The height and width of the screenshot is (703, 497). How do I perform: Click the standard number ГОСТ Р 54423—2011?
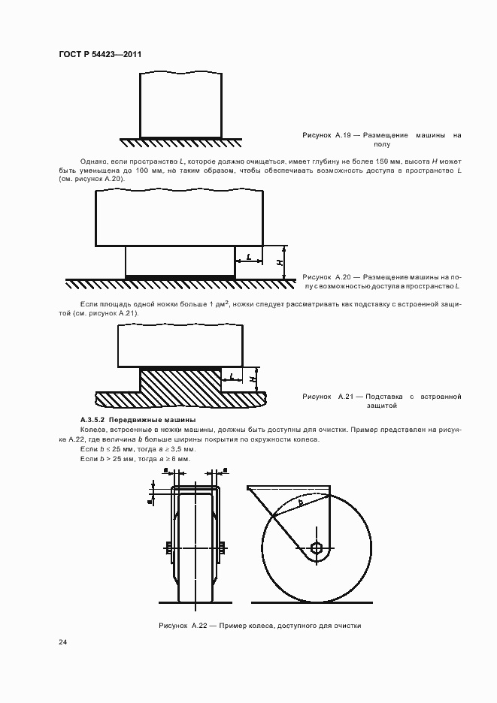pyautogui.click(x=100, y=55)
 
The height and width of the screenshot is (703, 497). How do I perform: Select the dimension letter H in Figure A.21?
pyautogui.click(x=253, y=379)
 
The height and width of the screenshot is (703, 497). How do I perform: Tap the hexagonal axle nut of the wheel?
pyautogui.click(x=317, y=546)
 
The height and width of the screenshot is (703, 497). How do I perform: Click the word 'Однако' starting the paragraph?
pyautogui.click(x=92, y=161)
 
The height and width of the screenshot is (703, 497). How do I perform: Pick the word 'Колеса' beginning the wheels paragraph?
pyautogui.click(x=92, y=430)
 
